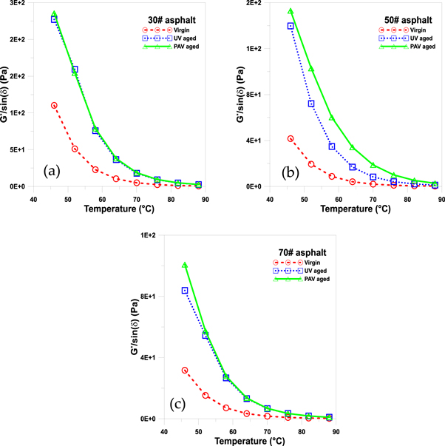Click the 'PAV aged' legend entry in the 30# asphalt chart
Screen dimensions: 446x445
[184, 46]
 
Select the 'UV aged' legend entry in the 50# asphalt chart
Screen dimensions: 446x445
[414, 38]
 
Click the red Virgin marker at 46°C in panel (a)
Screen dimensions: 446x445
[54, 106]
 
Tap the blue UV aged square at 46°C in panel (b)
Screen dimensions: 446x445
[291, 26]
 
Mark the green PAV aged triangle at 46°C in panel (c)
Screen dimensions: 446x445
[185, 265]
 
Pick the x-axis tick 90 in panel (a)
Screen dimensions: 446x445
[204, 198]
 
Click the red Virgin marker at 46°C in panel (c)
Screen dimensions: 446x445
[185, 371]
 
